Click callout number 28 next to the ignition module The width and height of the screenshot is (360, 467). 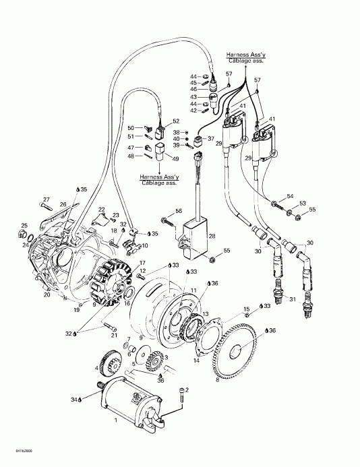[212, 237]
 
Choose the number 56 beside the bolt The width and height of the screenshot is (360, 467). [179, 211]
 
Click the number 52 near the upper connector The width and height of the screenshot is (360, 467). [176, 121]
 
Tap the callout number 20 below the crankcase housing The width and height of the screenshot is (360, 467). [47, 295]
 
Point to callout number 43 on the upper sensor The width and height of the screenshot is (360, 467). [193, 98]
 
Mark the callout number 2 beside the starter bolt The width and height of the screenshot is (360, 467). [187, 390]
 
